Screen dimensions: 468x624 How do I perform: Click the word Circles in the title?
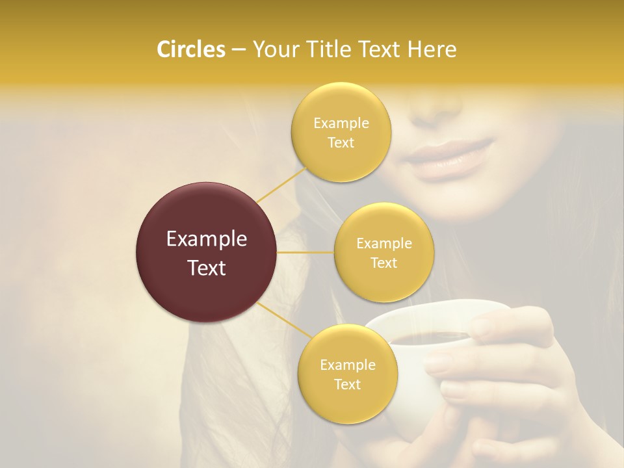point(191,49)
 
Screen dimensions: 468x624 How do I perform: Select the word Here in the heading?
point(432,49)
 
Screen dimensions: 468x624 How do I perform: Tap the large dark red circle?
point(206,252)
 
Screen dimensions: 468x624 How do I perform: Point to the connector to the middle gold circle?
point(305,252)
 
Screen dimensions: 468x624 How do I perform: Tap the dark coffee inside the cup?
point(429,337)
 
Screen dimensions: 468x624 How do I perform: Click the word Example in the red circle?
point(206,239)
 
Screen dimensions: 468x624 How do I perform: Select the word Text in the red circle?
point(206,268)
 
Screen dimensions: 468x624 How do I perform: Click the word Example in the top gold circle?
point(341,123)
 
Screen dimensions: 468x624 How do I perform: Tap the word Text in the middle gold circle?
point(384,263)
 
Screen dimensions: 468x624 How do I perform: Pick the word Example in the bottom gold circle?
point(347,365)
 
